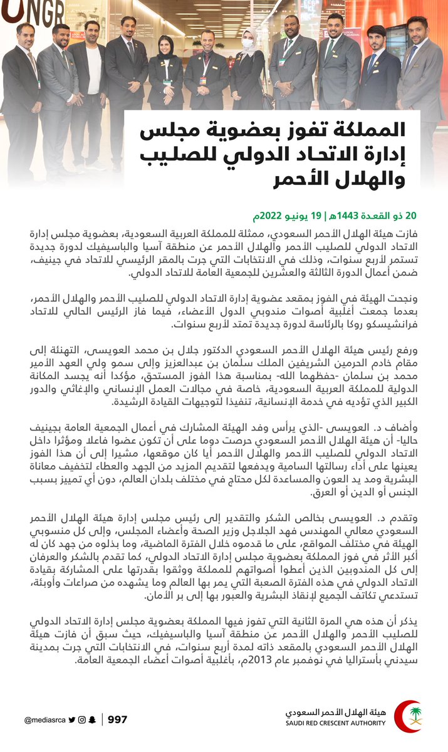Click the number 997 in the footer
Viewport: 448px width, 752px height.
click(117, 719)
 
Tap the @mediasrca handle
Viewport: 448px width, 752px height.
click(44, 720)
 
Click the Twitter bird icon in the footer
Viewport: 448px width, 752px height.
click(72, 720)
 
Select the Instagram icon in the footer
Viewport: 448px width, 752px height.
click(81, 720)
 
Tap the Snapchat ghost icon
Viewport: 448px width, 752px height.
click(91, 720)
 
